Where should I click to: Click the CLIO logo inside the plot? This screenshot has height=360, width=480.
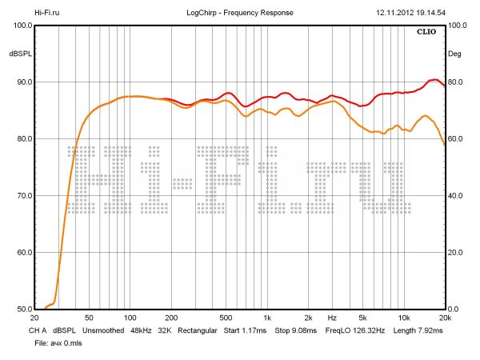(x=427, y=33)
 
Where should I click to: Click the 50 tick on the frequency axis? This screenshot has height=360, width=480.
(x=89, y=318)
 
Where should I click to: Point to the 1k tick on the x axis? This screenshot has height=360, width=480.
(x=267, y=318)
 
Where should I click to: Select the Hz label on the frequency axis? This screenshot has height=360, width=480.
(x=331, y=318)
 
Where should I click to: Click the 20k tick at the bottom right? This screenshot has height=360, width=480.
(x=446, y=318)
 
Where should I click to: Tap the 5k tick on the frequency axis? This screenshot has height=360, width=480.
(x=362, y=318)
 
